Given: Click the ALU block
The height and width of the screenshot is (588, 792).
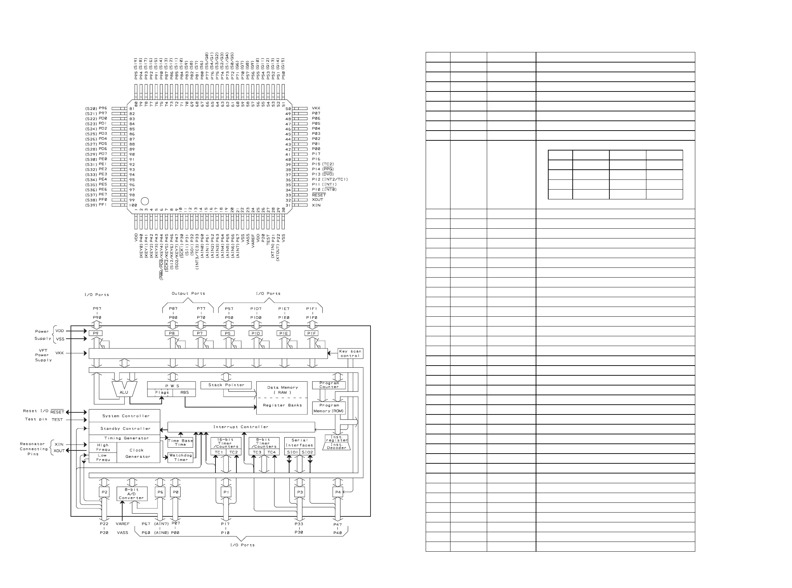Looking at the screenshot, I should coord(124,390).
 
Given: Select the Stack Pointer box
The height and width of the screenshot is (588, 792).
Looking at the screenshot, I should coord(226,385).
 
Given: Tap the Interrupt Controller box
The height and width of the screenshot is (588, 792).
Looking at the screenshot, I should coord(241,427).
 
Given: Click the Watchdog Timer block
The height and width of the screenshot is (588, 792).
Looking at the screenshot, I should coord(181,457).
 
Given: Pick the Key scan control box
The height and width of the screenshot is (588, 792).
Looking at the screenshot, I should coord(350,353).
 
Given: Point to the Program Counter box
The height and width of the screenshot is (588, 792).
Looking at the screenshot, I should coord(329,385).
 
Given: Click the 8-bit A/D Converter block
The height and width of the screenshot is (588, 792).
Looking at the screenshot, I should coord(132,494).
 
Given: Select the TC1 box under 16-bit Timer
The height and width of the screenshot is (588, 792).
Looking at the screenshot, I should coord(219,452).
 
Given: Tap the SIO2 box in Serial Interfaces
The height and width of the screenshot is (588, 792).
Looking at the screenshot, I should coord(307,452).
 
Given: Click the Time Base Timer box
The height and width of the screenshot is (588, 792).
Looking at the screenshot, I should coord(180,442).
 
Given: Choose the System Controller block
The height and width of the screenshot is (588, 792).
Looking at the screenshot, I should coord(125,416).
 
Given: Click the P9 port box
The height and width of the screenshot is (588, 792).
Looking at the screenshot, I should coord(95,333).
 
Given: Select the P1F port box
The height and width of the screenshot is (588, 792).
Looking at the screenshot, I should coord(311,333).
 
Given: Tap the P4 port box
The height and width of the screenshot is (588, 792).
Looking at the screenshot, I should coord(338,492).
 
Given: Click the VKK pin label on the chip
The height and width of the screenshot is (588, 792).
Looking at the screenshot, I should coord(316,108).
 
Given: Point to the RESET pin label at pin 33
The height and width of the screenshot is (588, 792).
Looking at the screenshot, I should coord(318,195).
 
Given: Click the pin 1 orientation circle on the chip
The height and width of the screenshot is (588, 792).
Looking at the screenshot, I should coord(145,201).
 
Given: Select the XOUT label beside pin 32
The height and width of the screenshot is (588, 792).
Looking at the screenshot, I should coord(317,200).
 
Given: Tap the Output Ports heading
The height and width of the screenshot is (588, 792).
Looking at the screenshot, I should coord(188,294).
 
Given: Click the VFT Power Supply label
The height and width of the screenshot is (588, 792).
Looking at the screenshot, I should coord(43,355).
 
